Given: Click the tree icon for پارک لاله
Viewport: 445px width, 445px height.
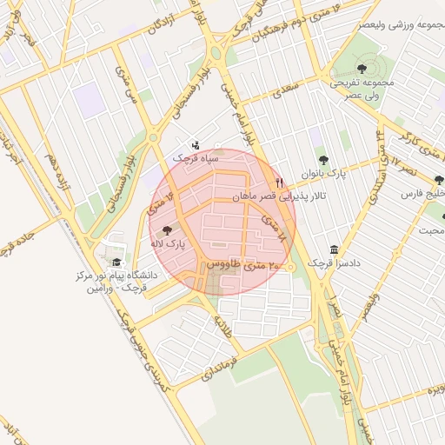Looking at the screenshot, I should click(167, 229).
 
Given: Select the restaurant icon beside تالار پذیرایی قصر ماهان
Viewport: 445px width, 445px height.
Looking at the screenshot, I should click(279, 183).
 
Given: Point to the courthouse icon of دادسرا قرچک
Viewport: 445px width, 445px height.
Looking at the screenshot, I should click(335, 249).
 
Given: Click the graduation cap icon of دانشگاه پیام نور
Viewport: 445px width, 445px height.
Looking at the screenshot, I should click(115, 262).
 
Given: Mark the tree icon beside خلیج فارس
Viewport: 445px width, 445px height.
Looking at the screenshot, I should click(438, 180).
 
